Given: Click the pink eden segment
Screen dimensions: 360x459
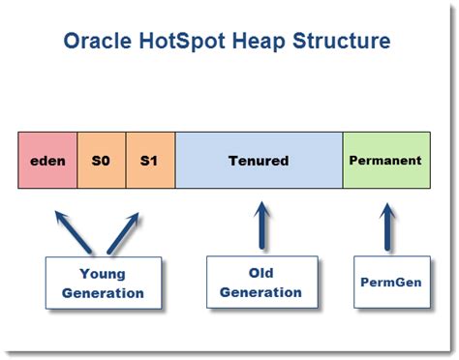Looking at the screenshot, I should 47,160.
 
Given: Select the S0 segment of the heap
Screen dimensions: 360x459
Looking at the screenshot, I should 101,160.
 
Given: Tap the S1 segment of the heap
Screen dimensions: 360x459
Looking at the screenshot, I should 149,160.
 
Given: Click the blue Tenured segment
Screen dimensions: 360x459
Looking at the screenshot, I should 259,160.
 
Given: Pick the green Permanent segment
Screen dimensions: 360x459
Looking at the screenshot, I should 384,160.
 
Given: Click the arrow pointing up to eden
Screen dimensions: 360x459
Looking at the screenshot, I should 75,230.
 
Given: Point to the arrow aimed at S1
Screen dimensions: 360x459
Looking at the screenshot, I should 122,230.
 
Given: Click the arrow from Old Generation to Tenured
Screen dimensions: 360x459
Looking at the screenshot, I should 261,225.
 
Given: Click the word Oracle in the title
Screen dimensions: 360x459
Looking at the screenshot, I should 101,42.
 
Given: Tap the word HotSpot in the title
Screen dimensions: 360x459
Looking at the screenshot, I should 189,42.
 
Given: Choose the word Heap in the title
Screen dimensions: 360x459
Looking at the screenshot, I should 266,42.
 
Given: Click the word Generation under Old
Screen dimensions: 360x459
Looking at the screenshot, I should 261,292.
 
